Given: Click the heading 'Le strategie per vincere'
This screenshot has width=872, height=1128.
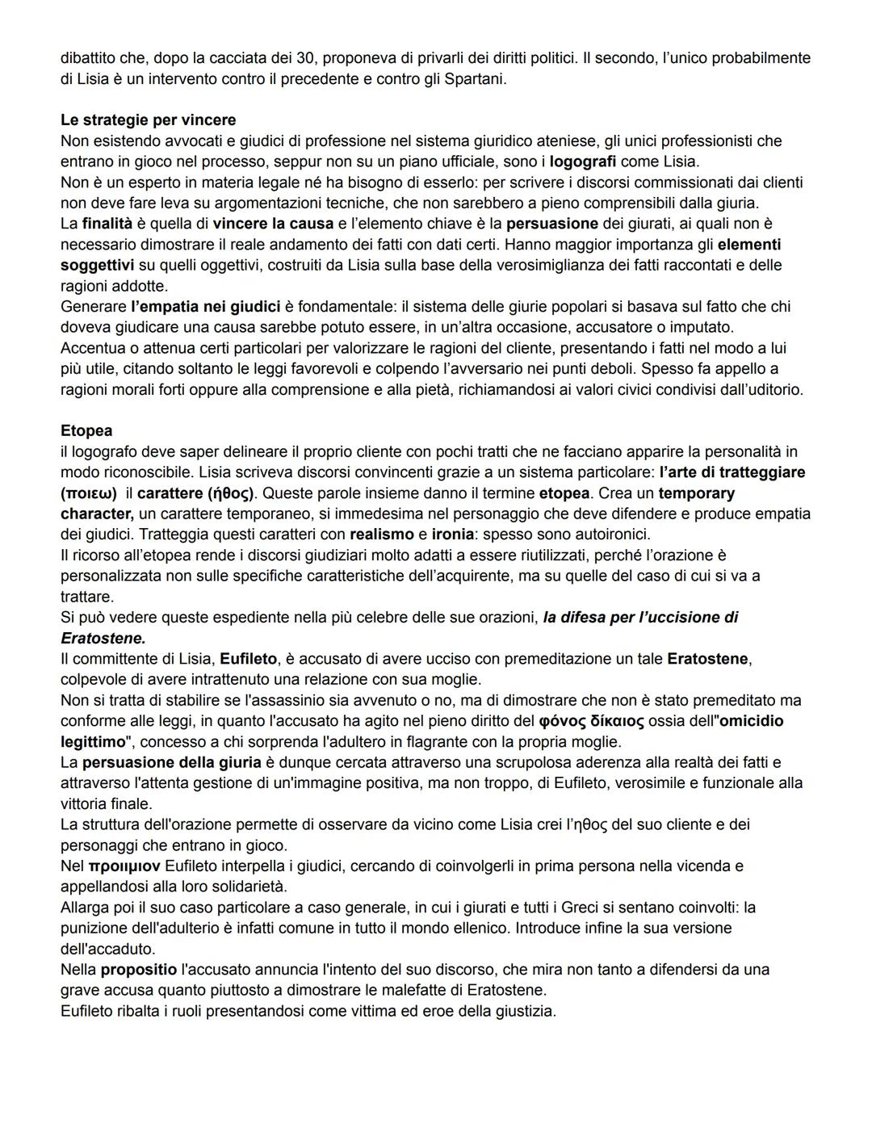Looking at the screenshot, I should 148,120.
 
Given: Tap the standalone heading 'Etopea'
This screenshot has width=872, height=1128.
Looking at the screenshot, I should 86,430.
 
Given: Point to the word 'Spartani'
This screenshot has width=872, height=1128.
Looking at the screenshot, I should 474,79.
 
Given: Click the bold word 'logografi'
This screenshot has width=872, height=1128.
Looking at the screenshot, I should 583,161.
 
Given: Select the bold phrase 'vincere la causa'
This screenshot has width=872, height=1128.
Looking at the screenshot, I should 273,224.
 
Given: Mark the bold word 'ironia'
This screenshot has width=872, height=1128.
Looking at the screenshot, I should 453,535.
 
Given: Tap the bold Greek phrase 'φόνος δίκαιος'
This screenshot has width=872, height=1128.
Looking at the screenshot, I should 591,721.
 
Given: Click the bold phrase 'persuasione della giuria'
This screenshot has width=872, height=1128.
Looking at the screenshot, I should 171,762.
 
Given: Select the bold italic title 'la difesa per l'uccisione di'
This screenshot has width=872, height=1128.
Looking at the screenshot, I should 640,618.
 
